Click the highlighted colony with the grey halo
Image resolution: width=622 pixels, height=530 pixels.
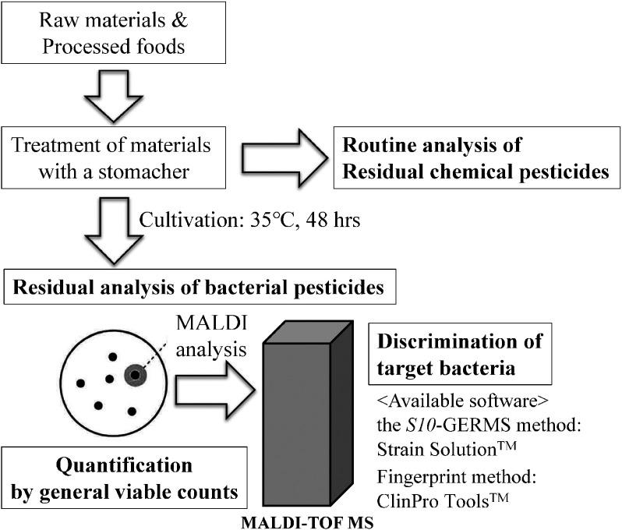pos(135,376)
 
